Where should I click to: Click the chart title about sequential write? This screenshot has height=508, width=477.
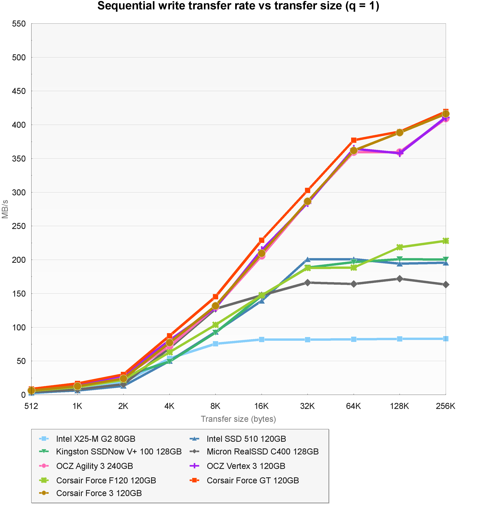(x=238, y=6)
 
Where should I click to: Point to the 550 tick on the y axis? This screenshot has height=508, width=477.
(x=19, y=24)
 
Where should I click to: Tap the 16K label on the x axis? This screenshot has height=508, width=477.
(x=262, y=406)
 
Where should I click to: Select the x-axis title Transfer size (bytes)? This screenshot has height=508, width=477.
(x=238, y=419)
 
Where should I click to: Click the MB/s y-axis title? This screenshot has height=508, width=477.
(x=5, y=209)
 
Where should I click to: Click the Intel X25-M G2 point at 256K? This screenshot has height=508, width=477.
(x=446, y=339)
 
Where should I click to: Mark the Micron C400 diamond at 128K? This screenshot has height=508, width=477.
(x=400, y=279)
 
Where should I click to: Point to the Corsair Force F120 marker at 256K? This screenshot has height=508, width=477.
(x=446, y=241)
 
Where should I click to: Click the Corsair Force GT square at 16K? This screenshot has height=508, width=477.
(x=262, y=240)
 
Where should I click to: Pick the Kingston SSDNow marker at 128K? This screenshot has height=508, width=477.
(x=400, y=259)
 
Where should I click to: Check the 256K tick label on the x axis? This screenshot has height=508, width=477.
(x=446, y=406)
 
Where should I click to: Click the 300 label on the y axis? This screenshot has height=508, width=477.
(x=19, y=192)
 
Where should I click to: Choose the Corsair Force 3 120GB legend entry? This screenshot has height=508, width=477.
(x=99, y=493)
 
